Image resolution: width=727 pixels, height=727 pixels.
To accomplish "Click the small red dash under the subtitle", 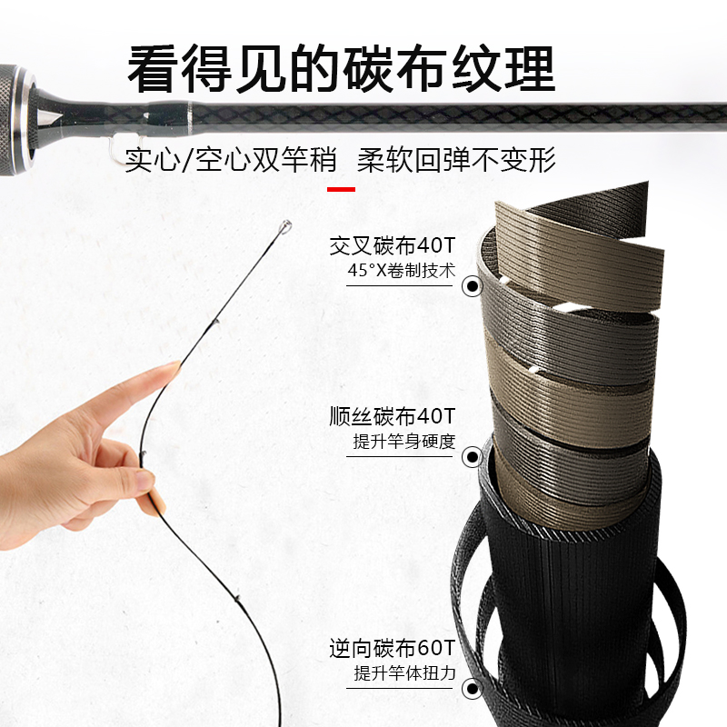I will click(341, 189).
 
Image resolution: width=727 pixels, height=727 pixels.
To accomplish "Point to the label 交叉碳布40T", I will click(393, 245).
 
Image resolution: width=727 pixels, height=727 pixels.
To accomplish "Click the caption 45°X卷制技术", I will click(401, 270).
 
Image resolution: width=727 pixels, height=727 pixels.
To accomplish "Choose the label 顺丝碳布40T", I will click(393, 417).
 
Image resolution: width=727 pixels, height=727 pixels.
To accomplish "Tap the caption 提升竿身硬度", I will click(403, 443).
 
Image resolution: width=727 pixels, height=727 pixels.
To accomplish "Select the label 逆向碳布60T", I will click(393, 649).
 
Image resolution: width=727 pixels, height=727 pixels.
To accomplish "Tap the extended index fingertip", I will click(171, 369).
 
